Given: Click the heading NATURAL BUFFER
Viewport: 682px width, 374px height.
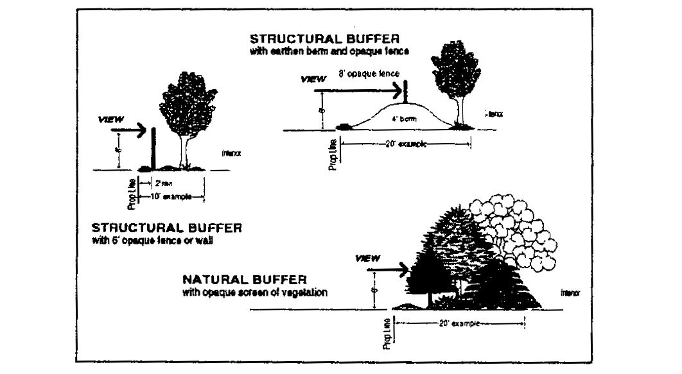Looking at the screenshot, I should pos(245,280).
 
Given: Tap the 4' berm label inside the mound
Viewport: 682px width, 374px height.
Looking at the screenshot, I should pos(403,118).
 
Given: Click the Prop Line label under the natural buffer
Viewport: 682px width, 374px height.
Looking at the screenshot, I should pos(387,334).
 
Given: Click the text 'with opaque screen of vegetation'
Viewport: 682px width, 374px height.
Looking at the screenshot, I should pos(256,292).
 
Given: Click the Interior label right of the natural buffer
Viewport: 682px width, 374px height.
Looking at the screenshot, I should pos(568,293).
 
